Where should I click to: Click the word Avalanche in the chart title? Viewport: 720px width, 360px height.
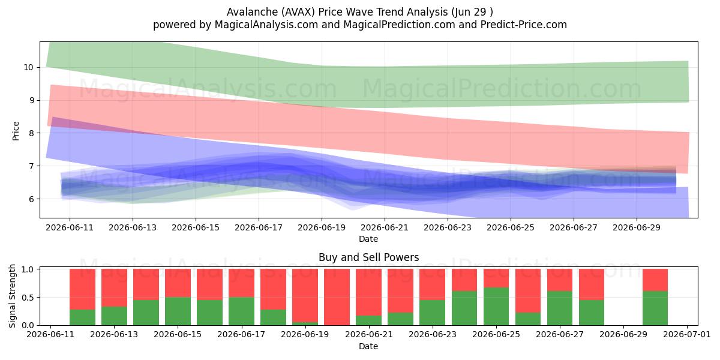click(252, 12)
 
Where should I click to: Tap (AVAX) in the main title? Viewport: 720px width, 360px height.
click(298, 12)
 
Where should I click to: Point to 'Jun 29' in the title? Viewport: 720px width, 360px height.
click(470, 12)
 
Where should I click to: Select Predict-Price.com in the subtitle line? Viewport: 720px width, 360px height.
click(524, 25)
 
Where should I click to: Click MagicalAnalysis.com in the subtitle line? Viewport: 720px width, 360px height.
click(266, 25)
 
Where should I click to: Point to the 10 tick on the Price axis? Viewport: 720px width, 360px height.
click(28, 67)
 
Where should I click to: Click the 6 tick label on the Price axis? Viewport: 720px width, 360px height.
click(31, 199)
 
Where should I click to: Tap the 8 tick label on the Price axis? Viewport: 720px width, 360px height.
click(31, 133)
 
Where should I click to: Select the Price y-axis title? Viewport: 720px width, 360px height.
click(16, 131)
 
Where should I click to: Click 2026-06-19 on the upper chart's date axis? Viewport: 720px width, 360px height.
click(322, 227)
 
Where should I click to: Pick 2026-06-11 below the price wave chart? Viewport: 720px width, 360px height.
click(70, 227)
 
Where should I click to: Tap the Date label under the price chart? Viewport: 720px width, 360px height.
click(368, 239)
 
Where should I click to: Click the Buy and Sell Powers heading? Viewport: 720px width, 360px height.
click(368, 257)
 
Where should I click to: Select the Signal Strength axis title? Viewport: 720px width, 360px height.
click(12, 296)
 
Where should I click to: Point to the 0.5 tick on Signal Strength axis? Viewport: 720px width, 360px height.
click(28, 298)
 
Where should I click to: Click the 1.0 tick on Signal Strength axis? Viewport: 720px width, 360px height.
click(28, 269)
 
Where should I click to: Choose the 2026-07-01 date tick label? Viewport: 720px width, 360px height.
click(687, 334)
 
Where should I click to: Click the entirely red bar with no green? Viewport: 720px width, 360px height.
click(337, 297)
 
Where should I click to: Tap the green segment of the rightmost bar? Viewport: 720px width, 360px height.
click(655, 308)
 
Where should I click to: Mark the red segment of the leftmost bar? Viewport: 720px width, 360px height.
click(82, 289)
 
